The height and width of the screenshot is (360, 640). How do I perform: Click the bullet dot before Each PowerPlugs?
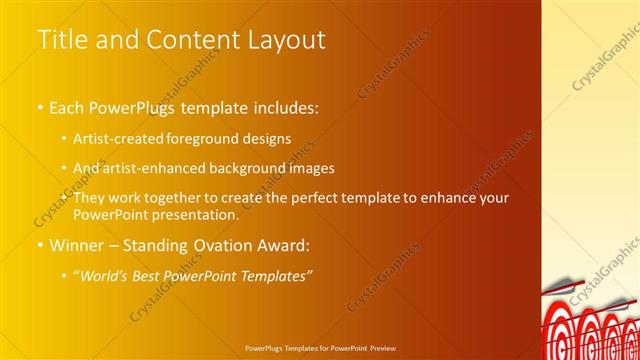[40, 105]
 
